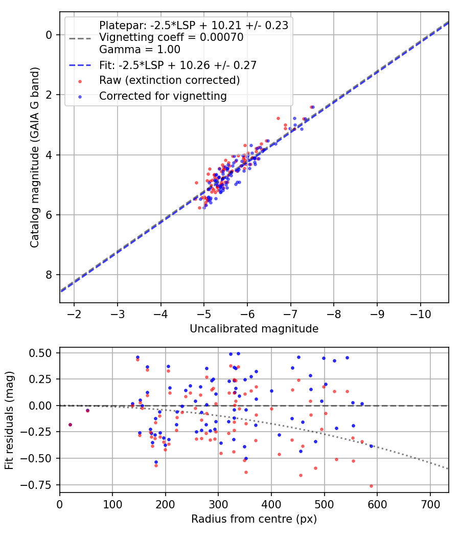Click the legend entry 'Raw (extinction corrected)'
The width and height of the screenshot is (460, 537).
169,80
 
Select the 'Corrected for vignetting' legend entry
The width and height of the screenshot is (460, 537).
163,96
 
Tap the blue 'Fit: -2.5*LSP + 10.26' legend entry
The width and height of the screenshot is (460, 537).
177,65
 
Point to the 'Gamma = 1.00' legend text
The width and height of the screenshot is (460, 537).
140,50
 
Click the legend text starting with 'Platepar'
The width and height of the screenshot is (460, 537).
193,25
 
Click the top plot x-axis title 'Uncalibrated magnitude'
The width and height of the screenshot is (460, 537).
254,329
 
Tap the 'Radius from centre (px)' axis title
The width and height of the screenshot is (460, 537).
254,519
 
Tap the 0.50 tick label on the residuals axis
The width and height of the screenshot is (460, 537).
40,353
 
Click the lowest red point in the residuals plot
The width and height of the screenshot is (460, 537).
371,486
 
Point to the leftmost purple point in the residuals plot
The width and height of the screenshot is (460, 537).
70,424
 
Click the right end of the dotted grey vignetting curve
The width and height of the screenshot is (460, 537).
448,468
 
